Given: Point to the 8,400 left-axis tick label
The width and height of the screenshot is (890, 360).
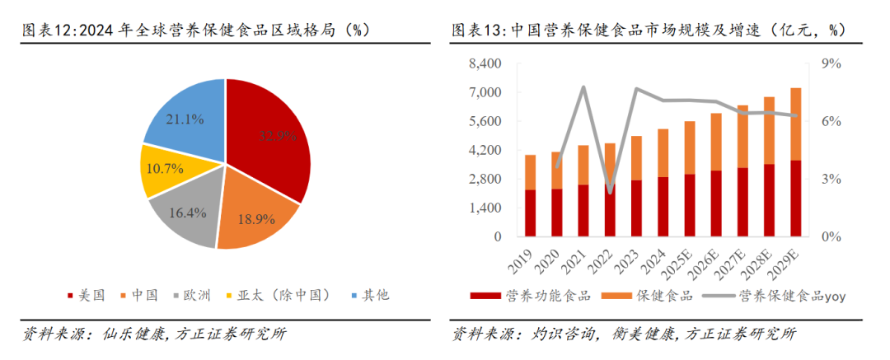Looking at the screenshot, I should [485, 64].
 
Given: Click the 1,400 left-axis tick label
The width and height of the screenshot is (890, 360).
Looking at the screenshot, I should [485, 208].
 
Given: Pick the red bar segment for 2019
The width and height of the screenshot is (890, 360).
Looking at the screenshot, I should [530, 213].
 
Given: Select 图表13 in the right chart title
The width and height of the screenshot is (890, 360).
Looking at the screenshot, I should [476, 30].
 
